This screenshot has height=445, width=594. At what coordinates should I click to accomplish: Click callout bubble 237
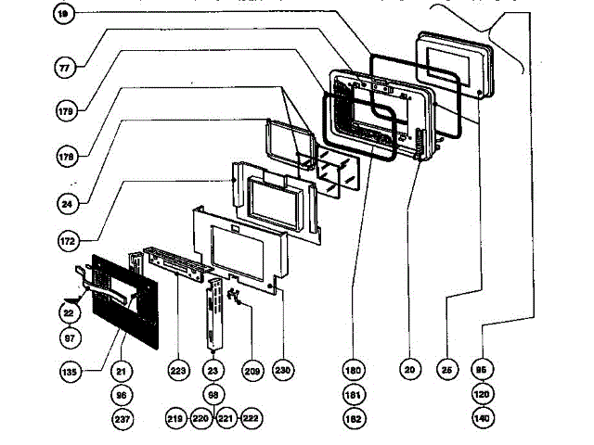(x=121, y=419)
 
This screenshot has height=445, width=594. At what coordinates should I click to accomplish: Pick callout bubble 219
(x=176, y=419)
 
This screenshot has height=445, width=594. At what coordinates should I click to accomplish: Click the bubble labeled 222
(x=249, y=419)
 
